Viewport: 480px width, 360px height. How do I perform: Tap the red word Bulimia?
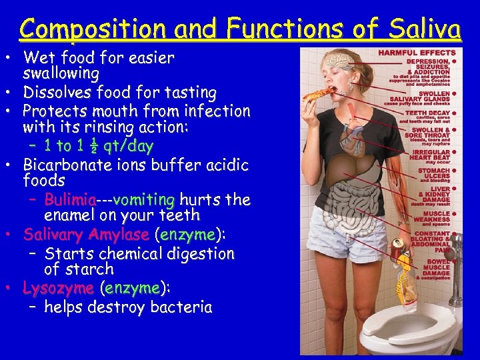[70, 199]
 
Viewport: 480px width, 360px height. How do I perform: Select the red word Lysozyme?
[58, 288]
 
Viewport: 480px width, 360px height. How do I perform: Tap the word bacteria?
[181, 307]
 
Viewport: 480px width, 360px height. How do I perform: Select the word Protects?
[53, 111]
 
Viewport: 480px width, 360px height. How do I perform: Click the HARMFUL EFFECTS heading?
[417, 53]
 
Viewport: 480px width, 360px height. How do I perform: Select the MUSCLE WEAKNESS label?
[431, 217]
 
